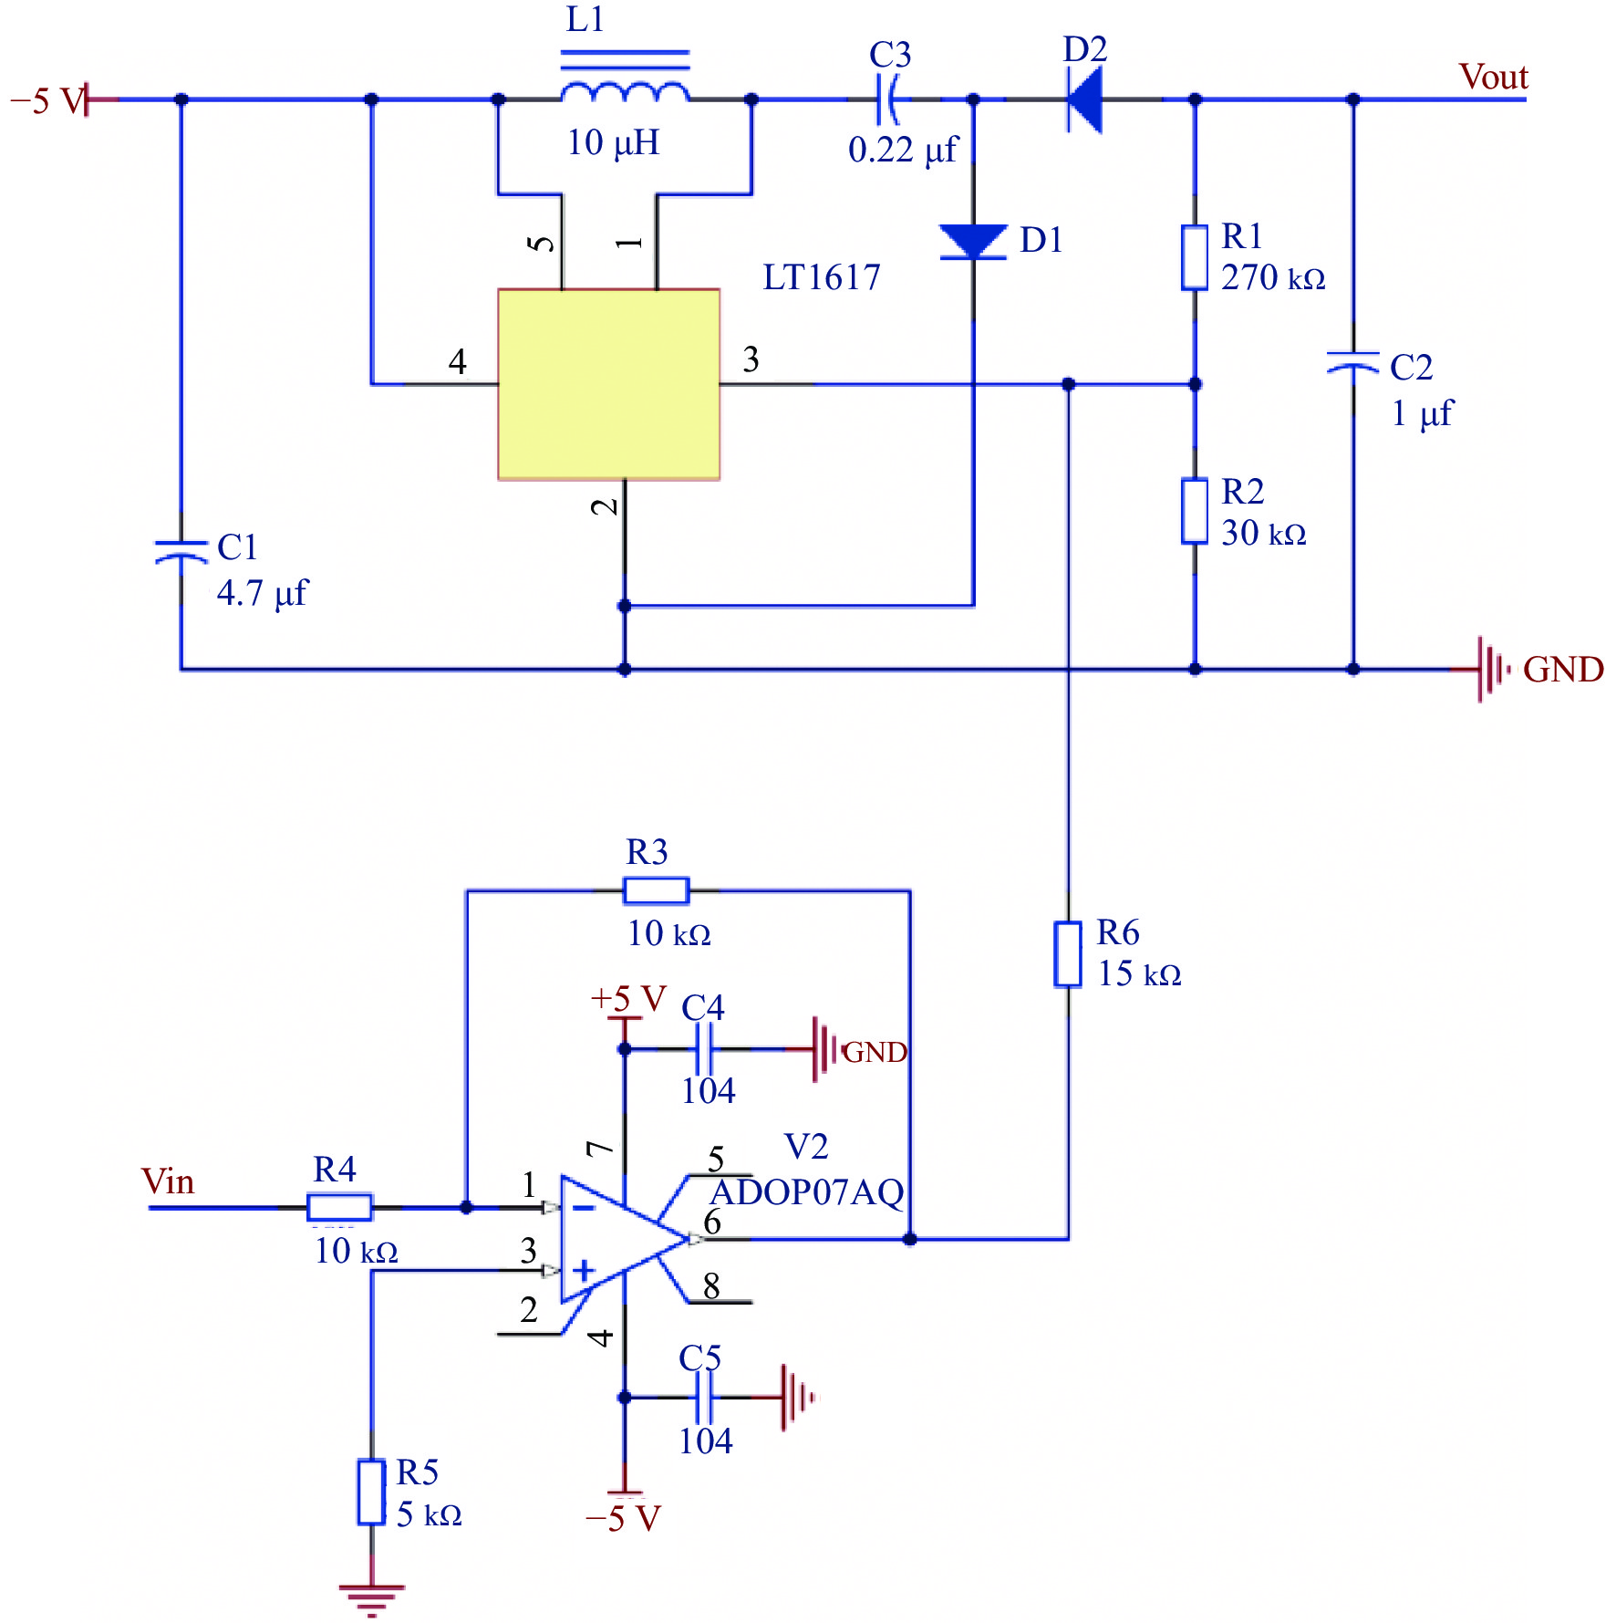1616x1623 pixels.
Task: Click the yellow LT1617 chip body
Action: pos(608,384)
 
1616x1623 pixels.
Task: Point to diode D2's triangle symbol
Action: pos(1084,99)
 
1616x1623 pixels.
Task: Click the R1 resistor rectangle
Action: pos(1195,257)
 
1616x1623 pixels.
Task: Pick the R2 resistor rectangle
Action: pos(1195,511)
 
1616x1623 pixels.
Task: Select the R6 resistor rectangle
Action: pos(1068,954)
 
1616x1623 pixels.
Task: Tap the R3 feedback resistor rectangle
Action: pos(656,890)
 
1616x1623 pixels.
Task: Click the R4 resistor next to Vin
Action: pos(339,1207)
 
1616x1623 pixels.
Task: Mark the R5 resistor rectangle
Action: pos(371,1492)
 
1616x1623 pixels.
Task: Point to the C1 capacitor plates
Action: pos(181,550)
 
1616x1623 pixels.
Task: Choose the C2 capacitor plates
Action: pos(1352,362)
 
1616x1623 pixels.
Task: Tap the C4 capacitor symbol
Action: pos(703,1048)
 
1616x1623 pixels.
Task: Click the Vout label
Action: pos(1493,77)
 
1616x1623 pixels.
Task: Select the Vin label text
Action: pos(168,1181)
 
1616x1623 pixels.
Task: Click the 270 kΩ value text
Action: pos(1273,276)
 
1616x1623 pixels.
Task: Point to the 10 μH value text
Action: pos(613,142)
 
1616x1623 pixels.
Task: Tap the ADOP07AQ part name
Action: pos(807,1192)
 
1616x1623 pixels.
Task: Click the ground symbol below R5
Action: pos(371,1600)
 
